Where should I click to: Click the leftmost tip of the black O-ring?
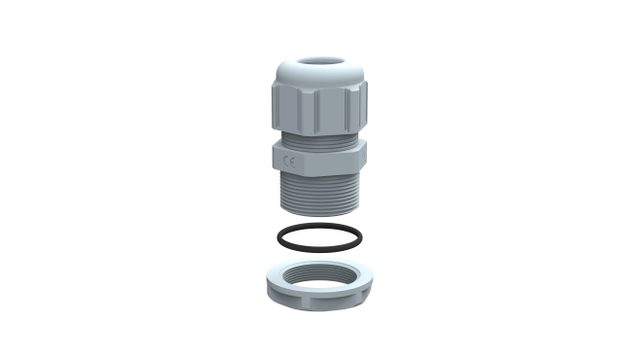coord(277,237)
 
